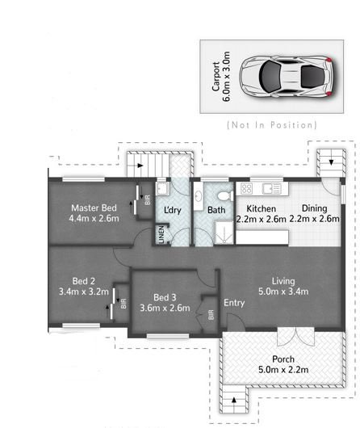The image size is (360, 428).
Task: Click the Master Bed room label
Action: [94, 207]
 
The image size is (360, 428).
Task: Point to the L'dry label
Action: [172, 211]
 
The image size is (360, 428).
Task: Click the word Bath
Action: [216, 211]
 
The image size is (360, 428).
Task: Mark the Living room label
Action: [283, 280]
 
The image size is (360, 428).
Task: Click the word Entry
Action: [234, 303]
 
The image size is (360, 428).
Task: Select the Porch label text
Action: [283, 359]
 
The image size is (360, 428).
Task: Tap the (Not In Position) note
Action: [272, 125]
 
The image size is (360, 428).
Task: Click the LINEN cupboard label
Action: [161, 235]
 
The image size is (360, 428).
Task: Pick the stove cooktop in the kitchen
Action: [245, 189]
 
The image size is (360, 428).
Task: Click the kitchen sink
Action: [270, 189]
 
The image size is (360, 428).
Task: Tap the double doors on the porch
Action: [289, 338]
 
